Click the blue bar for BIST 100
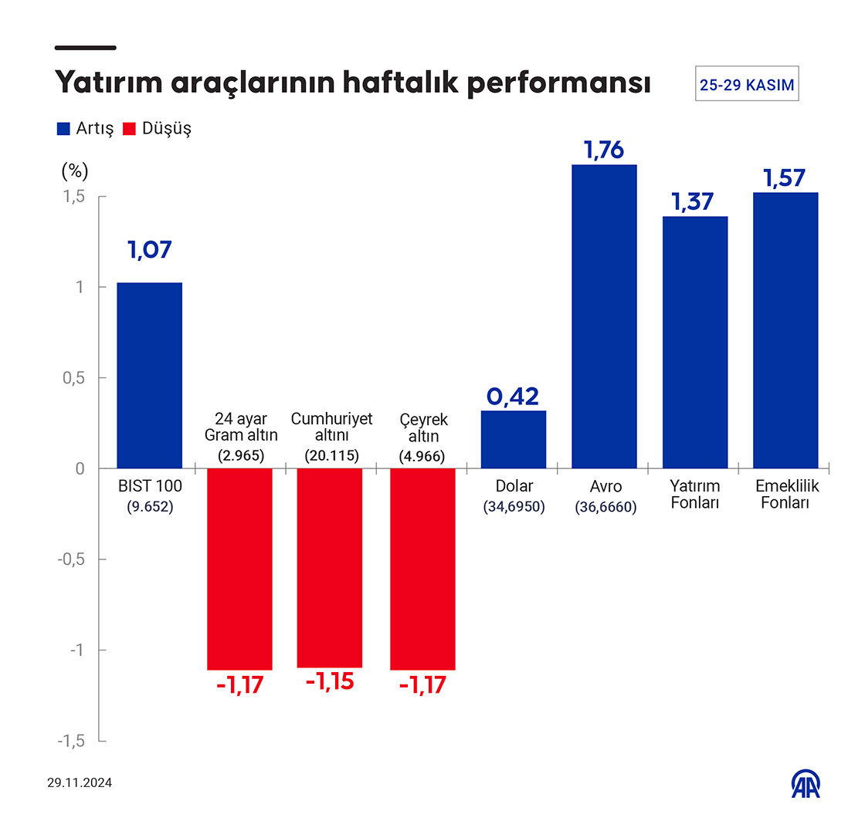point(150,375)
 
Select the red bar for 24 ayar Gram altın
point(239,569)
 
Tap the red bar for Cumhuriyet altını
point(330,567)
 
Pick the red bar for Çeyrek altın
point(422,569)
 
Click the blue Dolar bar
point(514,439)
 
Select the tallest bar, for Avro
point(604,316)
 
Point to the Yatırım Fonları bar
point(695,342)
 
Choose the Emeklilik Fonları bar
point(785,330)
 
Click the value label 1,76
point(604,150)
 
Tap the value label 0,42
point(513,397)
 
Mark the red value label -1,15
point(330,682)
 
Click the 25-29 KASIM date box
point(747,85)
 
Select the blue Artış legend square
point(63,129)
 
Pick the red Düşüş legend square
point(129,129)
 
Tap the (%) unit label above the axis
point(75,170)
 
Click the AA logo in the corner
point(806,784)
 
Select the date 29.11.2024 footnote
point(80,783)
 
